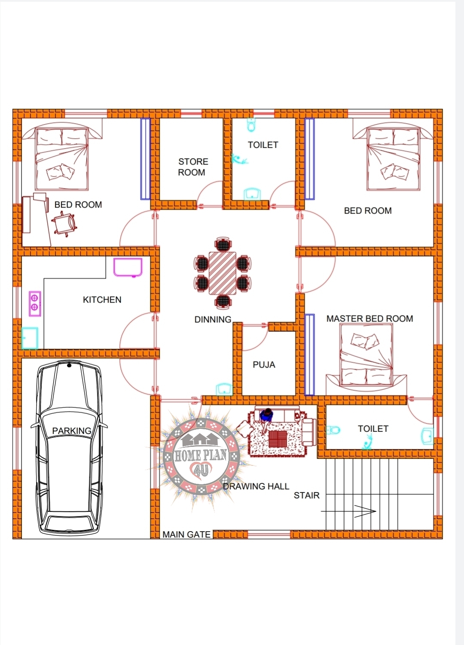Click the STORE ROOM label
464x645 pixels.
pos(193,167)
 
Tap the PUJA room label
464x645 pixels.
pos(264,365)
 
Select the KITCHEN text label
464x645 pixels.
pos(102,300)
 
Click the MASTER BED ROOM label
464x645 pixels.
pos(369,318)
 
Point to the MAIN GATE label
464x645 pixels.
pos(186,535)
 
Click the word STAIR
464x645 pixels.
pos(306,495)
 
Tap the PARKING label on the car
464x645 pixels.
pos(72,431)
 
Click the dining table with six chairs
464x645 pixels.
pos(222,273)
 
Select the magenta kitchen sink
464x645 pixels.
pos(128,267)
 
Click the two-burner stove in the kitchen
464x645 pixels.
pos(35,303)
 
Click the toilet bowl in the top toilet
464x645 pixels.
pos(251,125)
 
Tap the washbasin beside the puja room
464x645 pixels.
pos(224,389)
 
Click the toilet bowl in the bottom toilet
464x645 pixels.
pos(333,430)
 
